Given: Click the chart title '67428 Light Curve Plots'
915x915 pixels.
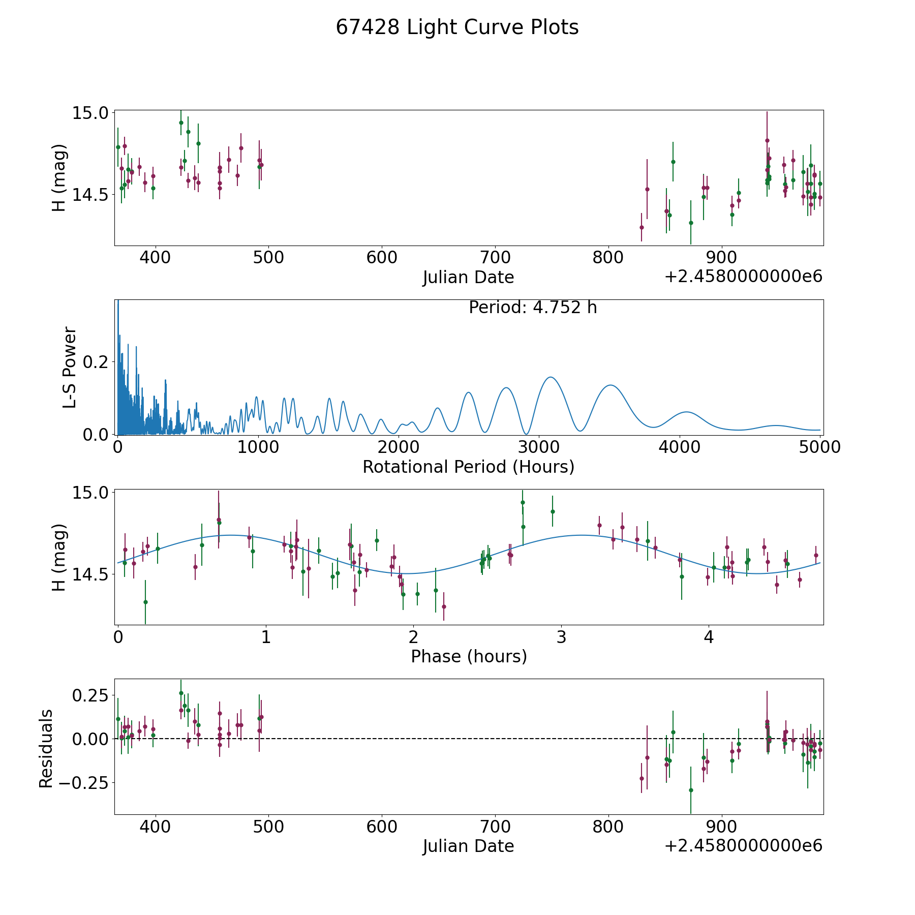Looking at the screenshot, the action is [457, 27].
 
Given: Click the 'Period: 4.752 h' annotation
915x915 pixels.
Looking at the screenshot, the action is [533, 308].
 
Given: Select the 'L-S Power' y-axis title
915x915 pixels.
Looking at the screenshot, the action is [70, 368].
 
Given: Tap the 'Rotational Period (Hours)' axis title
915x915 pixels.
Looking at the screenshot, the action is [468, 467].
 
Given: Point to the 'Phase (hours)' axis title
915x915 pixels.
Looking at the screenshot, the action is [469, 656].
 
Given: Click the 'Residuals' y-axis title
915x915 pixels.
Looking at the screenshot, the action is [46, 748].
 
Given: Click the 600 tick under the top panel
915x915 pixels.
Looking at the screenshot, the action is [382, 257].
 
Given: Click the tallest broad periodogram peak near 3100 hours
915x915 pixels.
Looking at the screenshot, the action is [550, 377].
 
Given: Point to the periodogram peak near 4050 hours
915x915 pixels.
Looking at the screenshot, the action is [687, 412].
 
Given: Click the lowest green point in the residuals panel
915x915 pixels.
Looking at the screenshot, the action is [691, 790].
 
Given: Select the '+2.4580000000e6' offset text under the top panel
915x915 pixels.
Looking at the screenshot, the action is [743, 277].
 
